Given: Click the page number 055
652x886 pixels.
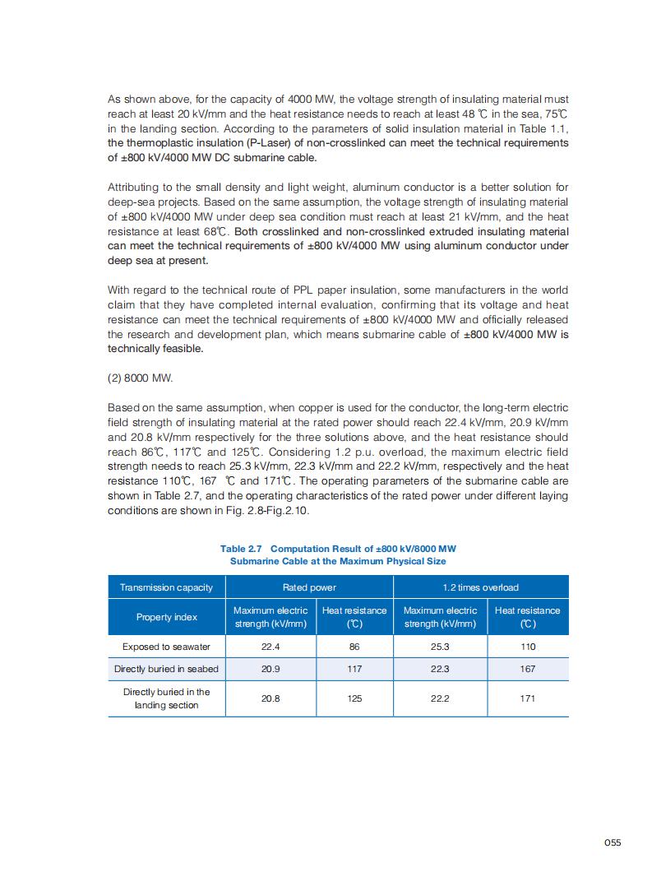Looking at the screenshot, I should (612, 842).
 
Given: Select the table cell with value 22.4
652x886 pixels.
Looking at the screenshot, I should (271, 647).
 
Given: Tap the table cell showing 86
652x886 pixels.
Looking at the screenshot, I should (354, 647).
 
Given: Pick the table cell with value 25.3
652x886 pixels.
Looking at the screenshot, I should (440, 647).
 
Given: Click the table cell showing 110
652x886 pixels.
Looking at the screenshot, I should (528, 647).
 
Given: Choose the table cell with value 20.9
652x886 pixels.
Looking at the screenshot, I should (271, 669).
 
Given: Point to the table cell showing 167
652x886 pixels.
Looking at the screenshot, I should (528, 669).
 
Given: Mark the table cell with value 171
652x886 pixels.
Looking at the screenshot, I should (528, 698).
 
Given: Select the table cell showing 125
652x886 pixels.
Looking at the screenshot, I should (354, 698).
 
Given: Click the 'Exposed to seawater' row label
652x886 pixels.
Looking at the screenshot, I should (166, 647).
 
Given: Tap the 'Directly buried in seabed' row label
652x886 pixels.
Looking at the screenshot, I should (166, 669).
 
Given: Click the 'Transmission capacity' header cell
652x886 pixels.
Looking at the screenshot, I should (166, 587).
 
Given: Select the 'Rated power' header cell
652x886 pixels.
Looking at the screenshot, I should (309, 587).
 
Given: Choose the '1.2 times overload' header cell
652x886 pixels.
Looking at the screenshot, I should (481, 587).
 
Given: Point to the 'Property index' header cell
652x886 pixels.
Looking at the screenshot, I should (166, 617).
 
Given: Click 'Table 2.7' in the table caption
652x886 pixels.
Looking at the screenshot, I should (242, 549).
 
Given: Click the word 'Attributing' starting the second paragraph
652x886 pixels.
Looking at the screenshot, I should (131, 188).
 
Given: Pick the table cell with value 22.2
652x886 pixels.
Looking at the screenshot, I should (440, 698).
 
